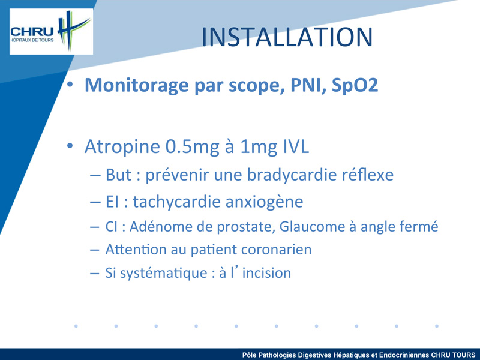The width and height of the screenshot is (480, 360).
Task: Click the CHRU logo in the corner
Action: (51, 32)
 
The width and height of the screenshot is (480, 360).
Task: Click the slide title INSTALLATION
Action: (287, 37)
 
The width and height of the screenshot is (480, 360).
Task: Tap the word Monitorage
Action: (136, 85)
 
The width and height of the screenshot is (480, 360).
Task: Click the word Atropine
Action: (122, 146)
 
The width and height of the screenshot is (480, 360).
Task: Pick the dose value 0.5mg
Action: (192, 147)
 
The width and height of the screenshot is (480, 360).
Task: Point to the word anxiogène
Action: (263, 202)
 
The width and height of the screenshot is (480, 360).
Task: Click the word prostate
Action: (246, 227)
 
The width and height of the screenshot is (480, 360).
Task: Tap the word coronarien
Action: (276, 250)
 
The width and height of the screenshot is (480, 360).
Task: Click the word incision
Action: (266, 273)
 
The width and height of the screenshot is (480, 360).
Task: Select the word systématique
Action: (163, 273)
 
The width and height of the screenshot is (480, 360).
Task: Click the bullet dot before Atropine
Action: (70, 146)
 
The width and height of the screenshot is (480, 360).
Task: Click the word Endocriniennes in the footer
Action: (404, 355)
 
